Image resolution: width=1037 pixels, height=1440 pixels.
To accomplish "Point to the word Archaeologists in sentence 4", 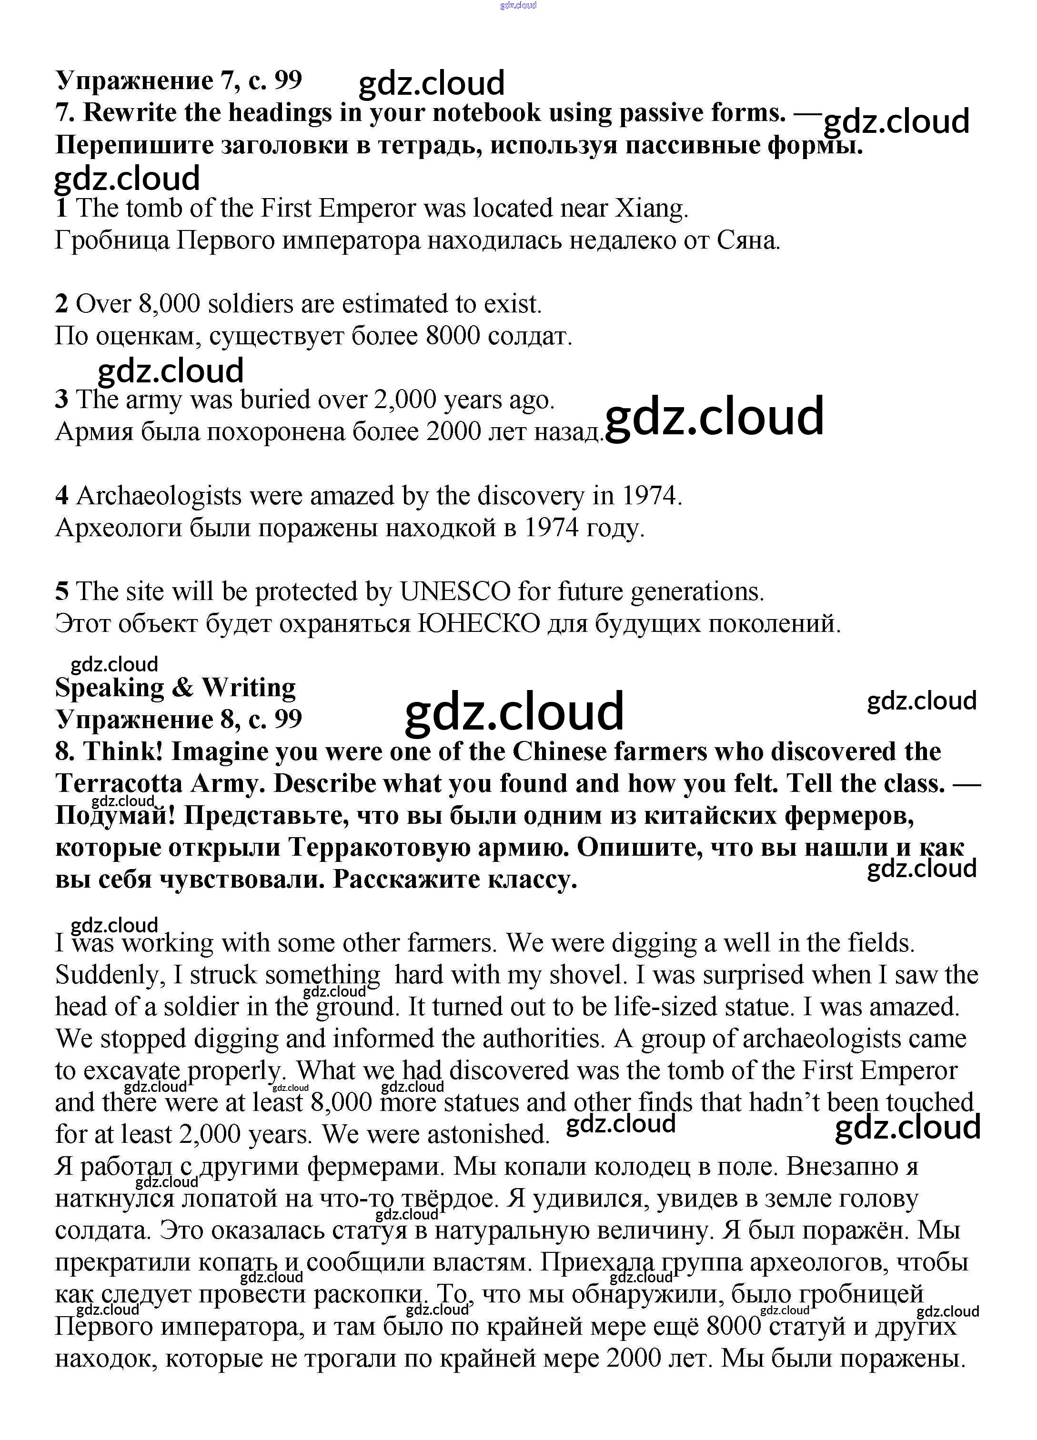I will click(159, 496).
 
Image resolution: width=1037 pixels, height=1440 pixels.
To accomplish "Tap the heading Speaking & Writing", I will click(175, 687).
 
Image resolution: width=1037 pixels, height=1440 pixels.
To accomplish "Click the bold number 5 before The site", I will click(61, 592).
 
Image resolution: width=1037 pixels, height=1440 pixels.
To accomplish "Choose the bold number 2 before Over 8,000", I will click(61, 305).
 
